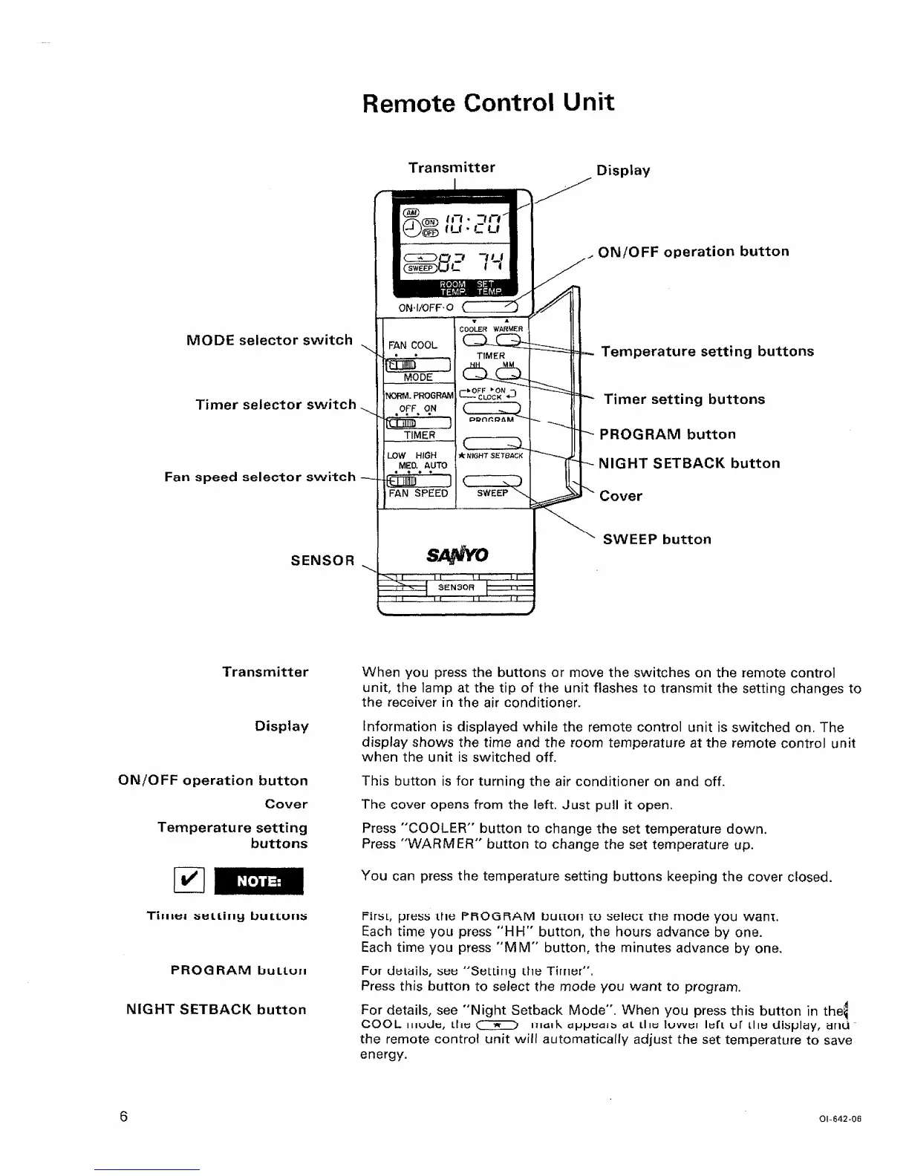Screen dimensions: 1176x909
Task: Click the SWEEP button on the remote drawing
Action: [492, 480]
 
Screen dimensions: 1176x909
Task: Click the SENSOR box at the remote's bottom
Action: [457, 587]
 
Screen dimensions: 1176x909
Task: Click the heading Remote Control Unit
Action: [488, 102]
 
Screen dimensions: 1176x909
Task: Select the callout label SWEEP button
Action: [656, 540]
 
